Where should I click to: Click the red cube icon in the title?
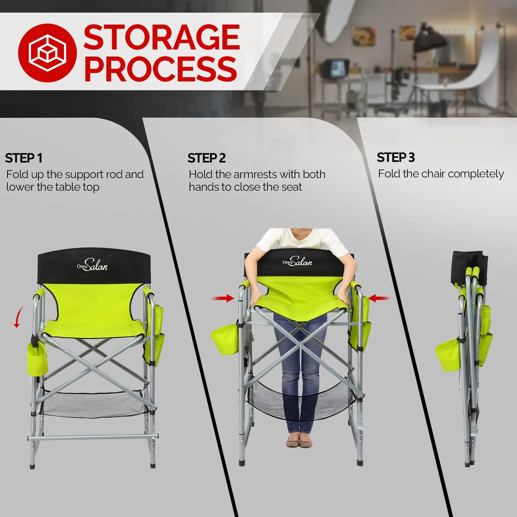point(47,53)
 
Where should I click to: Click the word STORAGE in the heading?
point(162,38)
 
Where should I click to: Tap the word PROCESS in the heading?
point(161,69)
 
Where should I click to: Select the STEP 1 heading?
point(24,158)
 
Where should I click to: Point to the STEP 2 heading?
point(206,158)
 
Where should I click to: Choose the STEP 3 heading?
point(396,158)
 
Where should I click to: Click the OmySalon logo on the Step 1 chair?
point(92,265)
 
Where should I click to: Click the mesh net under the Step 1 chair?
point(94,404)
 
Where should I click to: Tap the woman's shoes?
point(299,442)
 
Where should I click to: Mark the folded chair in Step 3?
point(469,355)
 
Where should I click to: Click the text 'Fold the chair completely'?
point(441,174)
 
